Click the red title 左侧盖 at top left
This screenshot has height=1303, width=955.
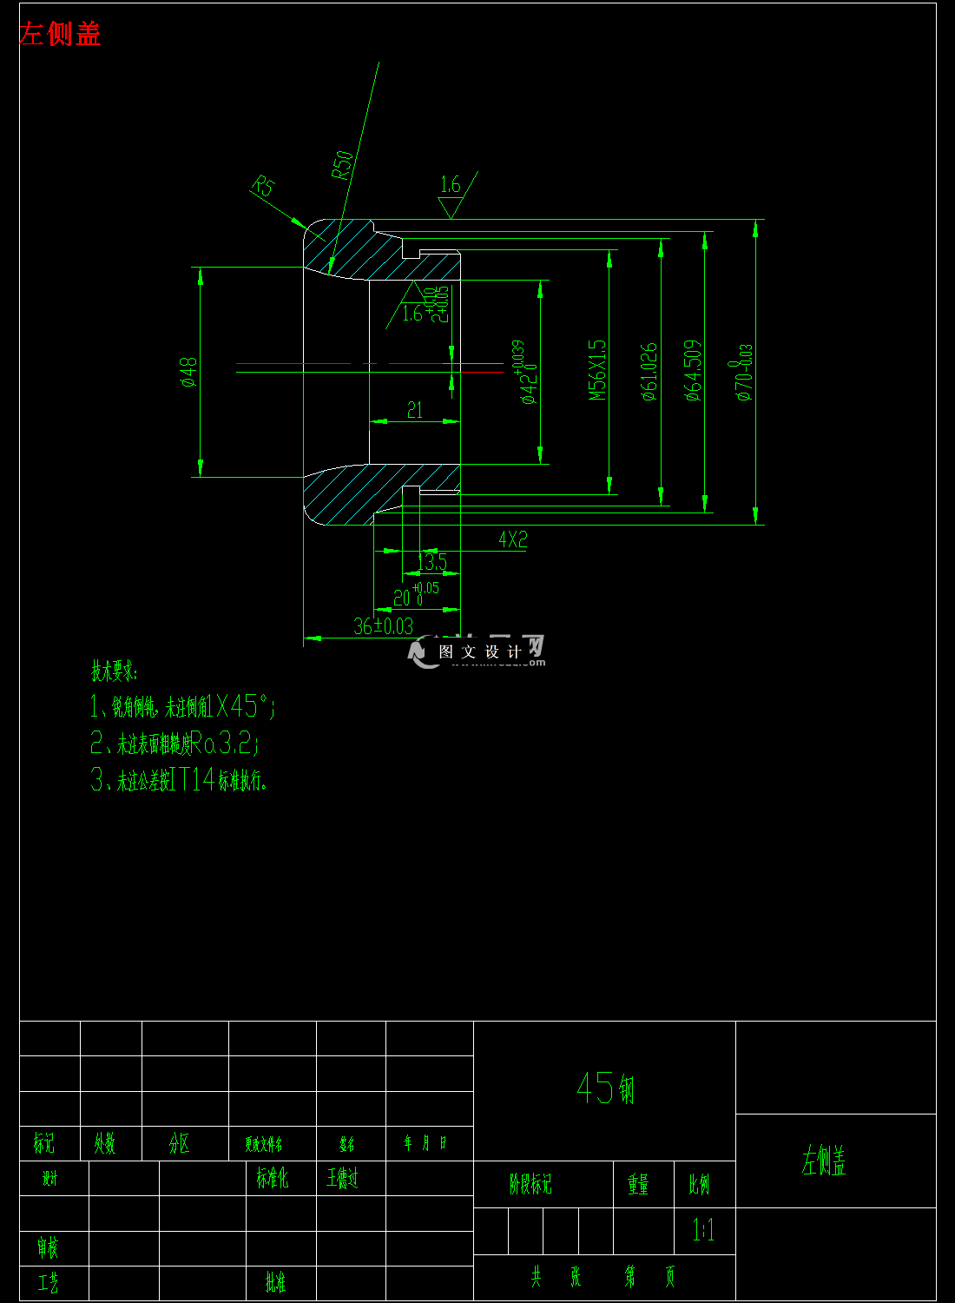[60, 34]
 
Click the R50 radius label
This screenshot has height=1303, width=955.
[343, 164]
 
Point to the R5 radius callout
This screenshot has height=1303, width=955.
[263, 186]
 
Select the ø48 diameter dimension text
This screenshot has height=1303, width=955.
[188, 371]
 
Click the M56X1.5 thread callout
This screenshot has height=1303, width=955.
[597, 370]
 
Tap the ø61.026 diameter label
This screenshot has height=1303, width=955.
[649, 371]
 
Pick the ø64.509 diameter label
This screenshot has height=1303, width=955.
[693, 370]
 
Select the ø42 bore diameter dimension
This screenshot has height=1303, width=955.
[528, 374]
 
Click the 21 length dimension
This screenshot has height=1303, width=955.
[415, 410]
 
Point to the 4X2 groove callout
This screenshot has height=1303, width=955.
[513, 539]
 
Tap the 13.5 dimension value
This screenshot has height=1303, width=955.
[432, 562]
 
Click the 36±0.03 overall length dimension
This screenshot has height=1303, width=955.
[384, 625]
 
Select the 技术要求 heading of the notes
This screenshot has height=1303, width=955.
[115, 671]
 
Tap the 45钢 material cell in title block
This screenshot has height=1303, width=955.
[606, 1088]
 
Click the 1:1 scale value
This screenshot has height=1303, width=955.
[703, 1229]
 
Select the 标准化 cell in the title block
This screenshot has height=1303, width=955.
[272, 1178]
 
